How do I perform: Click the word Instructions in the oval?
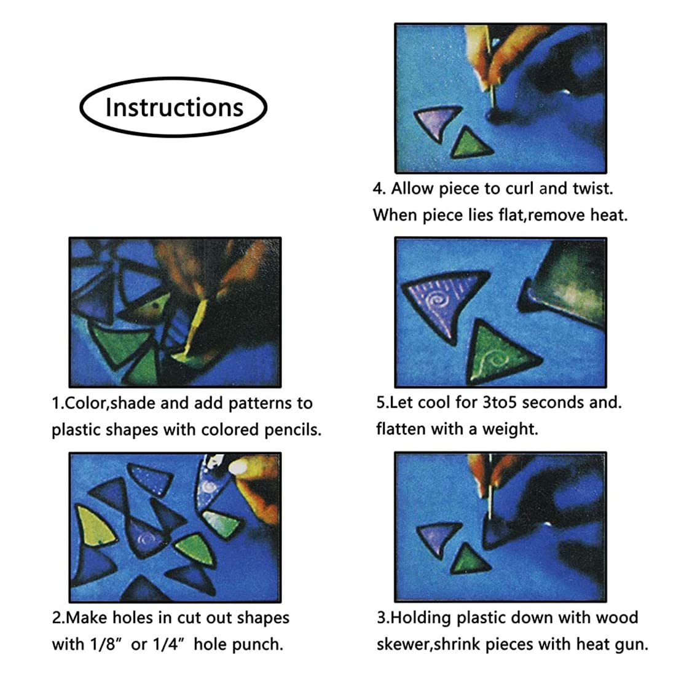[174, 108]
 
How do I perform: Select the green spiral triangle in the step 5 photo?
[500, 353]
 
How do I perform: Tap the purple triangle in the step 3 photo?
[438, 538]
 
